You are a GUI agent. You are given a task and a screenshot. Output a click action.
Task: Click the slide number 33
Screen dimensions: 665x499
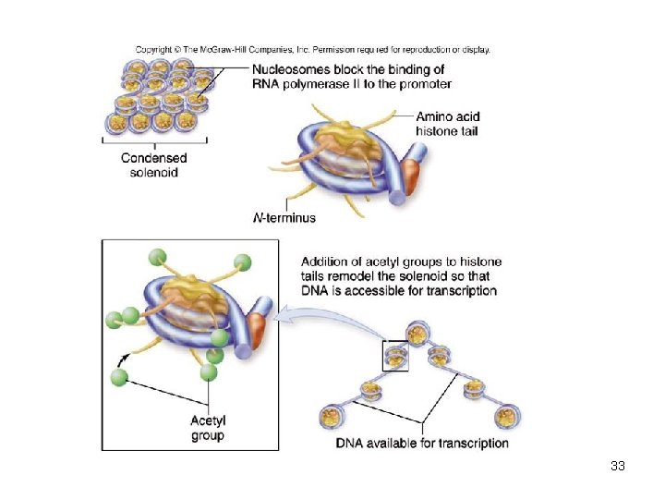pos(618,466)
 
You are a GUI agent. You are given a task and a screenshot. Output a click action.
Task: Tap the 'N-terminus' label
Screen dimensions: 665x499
pos(284,218)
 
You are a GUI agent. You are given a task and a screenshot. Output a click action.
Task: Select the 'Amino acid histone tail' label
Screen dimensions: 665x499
pos(448,124)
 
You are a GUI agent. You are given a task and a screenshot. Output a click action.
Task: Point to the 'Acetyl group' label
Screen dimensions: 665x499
pos(208,428)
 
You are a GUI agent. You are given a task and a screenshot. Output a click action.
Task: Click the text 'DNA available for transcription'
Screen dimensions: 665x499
pos(422,443)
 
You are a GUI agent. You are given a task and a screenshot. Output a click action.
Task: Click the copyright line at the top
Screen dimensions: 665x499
pos(313,50)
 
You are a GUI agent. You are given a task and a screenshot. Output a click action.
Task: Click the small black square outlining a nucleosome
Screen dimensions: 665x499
pos(395,356)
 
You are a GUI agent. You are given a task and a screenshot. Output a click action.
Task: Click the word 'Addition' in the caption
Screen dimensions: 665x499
pos(327,262)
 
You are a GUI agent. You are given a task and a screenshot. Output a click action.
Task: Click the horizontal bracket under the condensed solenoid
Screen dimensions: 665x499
pos(154,141)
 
